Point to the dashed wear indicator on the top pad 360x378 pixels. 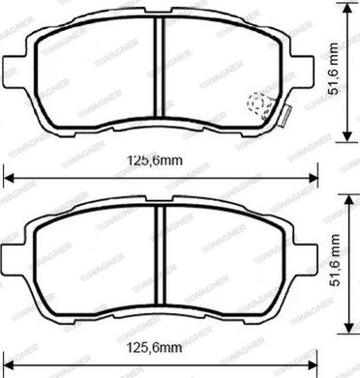(x=260, y=102)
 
